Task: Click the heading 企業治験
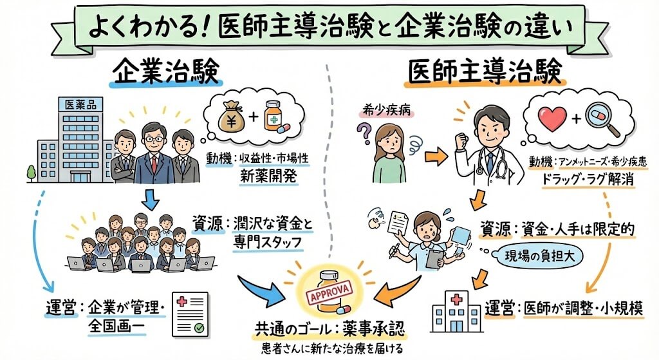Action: pyautogui.click(x=167, y=73)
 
